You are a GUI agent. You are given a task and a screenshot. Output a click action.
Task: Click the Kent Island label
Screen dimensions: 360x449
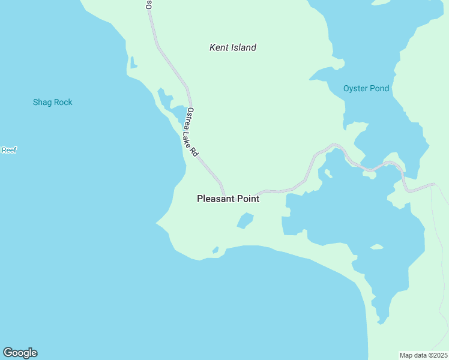(232, 47)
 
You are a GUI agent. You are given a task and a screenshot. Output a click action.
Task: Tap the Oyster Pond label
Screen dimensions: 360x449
(366, 89)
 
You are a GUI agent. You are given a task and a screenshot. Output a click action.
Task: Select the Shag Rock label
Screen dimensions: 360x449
(52, 102)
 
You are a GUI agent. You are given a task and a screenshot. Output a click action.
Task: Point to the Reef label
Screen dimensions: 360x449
(8, 150)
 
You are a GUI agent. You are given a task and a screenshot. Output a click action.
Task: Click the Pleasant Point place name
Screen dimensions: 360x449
(228, 199)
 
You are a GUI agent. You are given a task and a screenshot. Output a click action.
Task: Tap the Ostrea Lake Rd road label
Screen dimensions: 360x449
(191, 132)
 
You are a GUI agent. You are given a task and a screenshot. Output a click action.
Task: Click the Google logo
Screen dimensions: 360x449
(20, 353)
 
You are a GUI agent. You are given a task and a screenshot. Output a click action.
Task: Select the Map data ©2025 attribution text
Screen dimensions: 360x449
(424, 355)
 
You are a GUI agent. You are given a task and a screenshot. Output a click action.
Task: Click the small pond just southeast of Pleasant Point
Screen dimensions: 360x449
(245, 221)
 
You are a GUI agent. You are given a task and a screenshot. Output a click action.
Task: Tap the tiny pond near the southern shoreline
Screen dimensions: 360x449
(215, 249)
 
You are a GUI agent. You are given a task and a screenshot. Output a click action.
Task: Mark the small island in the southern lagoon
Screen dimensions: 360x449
(376, 247)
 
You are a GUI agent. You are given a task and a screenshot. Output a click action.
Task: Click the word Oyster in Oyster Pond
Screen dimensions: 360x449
(355, 89)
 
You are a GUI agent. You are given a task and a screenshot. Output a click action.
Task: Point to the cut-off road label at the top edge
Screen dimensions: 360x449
(148, 4)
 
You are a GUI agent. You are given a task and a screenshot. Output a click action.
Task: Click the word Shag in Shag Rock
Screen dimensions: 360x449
(42, 102)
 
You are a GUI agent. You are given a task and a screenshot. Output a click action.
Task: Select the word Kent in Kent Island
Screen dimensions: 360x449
(218, 47)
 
